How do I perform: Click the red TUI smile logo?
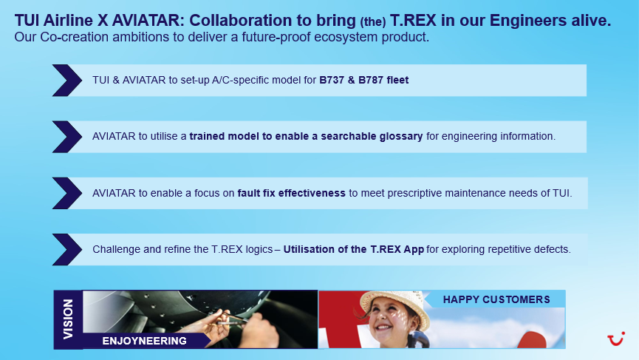click(616, 339)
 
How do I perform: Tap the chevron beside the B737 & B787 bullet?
click(67, 81)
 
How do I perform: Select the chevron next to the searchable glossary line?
click(67, 137)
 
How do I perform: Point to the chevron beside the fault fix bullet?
click(67, 193)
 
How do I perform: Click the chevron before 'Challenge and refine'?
click(67, 250)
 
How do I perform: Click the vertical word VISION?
click(68, 319)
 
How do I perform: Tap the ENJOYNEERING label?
click(144, 341)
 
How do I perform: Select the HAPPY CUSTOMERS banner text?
click(496, 299)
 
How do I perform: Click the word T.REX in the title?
click(413, 21)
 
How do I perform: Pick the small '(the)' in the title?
click(373, 21)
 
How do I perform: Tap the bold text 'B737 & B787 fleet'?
click(364, 80)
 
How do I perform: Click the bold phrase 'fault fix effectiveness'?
click(291, 193)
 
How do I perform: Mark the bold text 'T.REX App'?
click(397, 249)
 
